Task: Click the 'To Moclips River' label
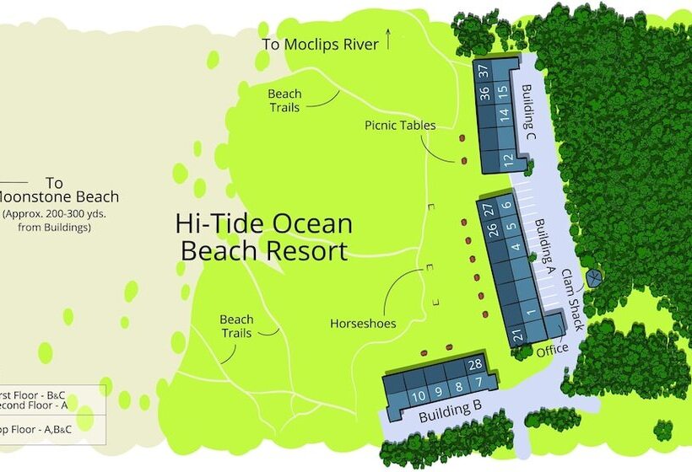point(320,45)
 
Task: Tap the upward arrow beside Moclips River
point(388,39)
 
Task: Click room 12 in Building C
point(507,158)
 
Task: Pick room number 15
point(502,91)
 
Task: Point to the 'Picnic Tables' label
point(400,126)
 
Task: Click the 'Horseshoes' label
point(363,323)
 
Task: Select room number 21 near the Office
point(516,335)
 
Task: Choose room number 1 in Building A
point(531,313)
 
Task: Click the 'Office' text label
point(552,348)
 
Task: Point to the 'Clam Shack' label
point(571,292)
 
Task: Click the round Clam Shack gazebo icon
point(594,277)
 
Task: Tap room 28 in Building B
point(475,364)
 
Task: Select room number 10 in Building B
point(418,395)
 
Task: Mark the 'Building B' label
point(451,410)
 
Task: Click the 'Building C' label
point(529,112)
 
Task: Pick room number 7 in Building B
point(478,384)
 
